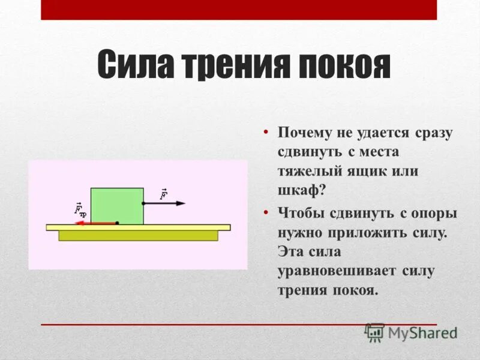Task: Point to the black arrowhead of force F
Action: click(181, 203)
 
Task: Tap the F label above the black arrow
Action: click(163, 194)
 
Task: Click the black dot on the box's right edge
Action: click(143, 203)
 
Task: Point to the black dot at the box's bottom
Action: click(117, 223)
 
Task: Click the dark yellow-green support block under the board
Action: click(138, 236)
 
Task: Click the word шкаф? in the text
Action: click(301, 191)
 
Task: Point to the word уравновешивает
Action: click(337, 271)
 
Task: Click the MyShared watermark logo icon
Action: click(375, 332)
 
